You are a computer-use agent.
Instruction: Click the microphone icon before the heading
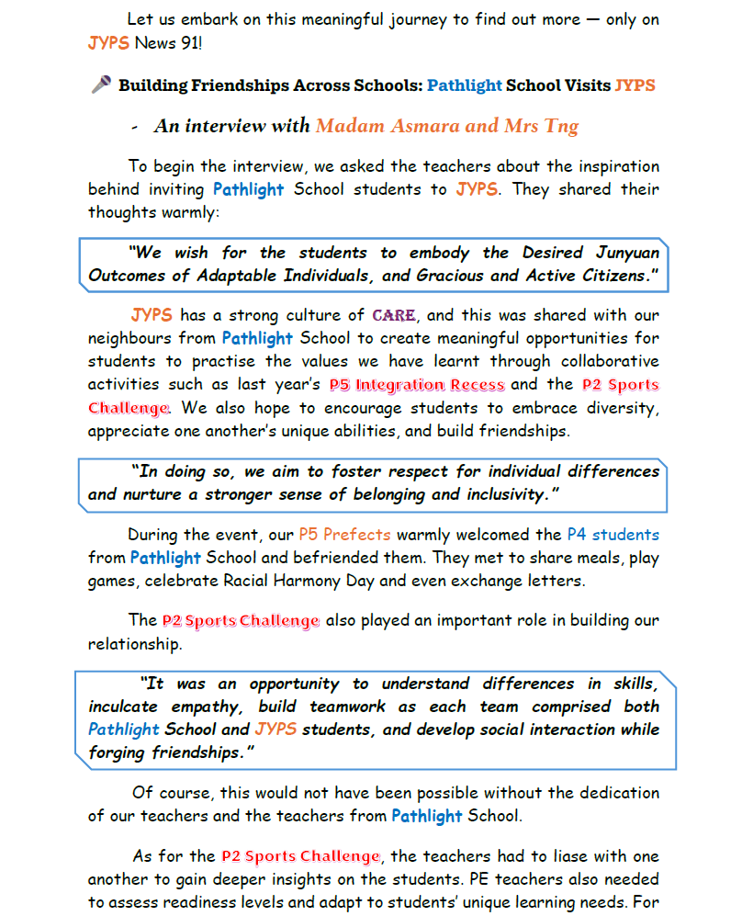pos(101,85)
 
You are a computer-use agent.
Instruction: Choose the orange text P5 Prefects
pos(344,534)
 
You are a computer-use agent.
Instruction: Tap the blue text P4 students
pos(613,534)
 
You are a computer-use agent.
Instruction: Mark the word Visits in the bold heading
pos(582,85)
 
